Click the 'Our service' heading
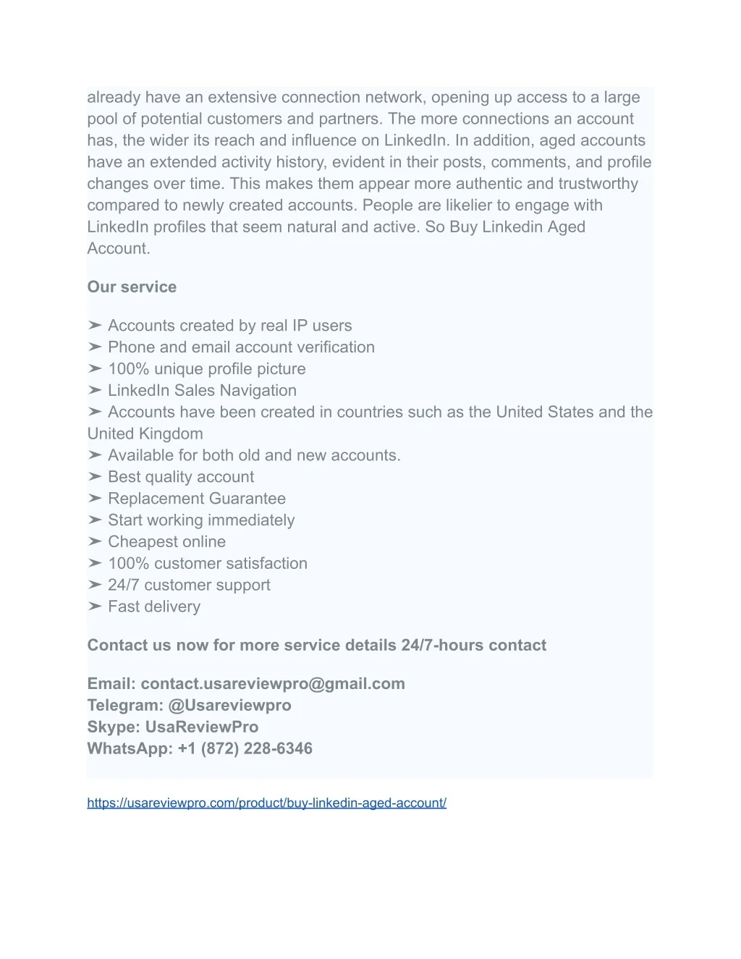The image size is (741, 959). (x=132, y=287)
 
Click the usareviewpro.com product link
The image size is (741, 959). (x=266, y=803)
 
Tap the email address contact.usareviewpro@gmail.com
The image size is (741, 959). (x=273, y=683)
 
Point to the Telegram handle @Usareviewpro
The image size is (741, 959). (x=229, y=705)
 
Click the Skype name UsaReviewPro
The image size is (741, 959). (x=202, y=727)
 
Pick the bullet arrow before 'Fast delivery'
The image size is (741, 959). (x=95, y=607)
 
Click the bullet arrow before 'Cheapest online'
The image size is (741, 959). (x=95, y=541)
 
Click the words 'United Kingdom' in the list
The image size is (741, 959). (x=145, y=434)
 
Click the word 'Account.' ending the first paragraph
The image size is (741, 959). (x=119, y=248)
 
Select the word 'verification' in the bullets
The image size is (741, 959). (x=336, y=347)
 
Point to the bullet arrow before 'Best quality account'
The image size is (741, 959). (x=95, y=476)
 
